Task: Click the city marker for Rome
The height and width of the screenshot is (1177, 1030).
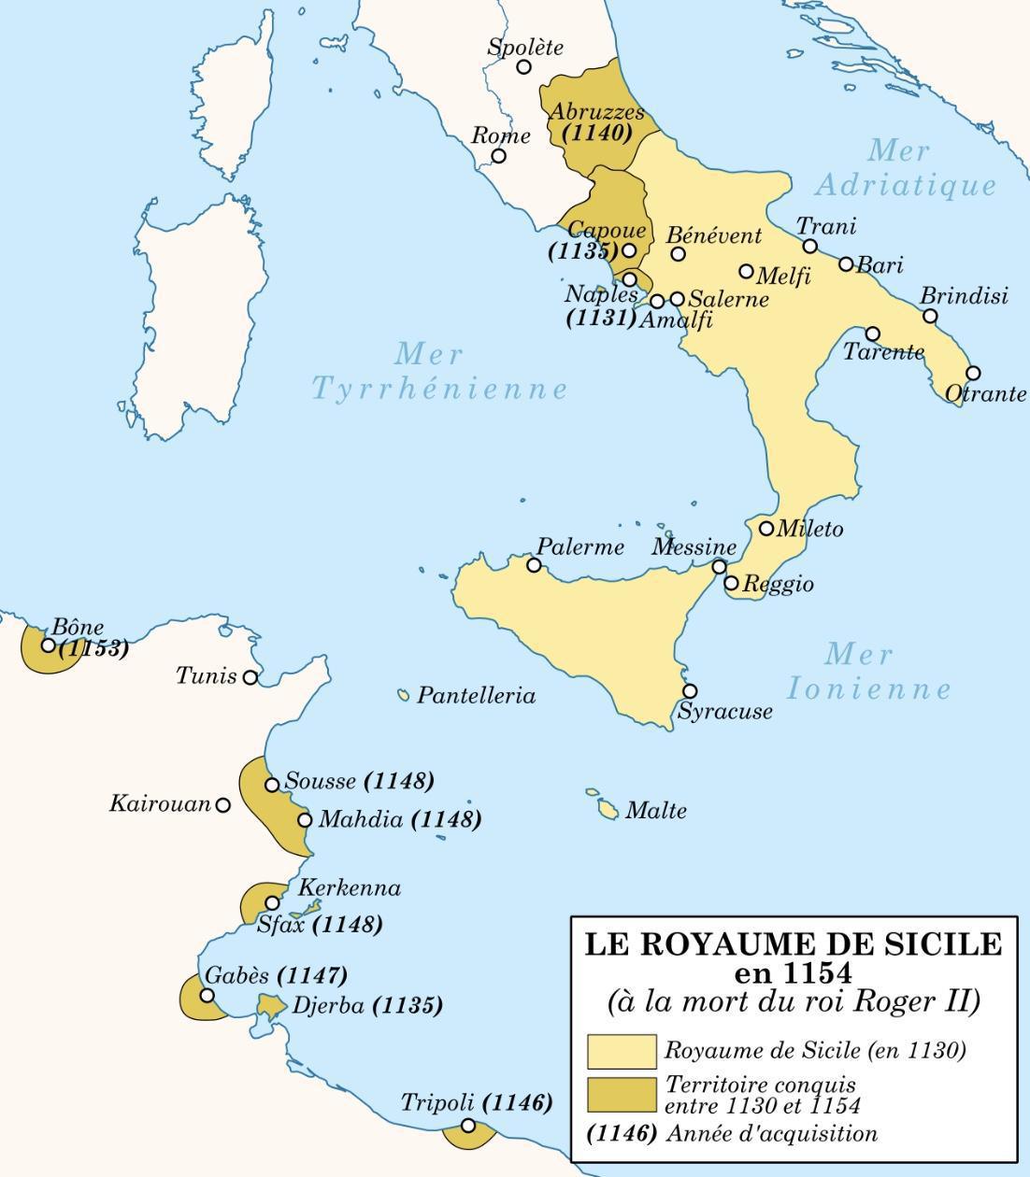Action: tap(499, 156)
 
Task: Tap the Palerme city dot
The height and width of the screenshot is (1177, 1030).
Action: tap(534, 565)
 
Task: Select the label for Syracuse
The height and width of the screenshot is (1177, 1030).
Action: tap(725, 712)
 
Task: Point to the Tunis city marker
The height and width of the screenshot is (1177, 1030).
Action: tap(250, 677)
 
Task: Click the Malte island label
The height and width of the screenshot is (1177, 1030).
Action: tap(655, 811)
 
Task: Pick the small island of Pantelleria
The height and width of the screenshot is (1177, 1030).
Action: tap(404, 695)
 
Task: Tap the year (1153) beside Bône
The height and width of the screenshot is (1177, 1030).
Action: tap(93, 648)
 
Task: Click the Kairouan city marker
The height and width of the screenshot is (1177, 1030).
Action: tap(222, 804)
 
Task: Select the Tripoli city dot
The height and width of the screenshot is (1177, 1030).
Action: tap(467, 1126)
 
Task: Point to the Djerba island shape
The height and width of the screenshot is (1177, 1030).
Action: tap(271, 1007)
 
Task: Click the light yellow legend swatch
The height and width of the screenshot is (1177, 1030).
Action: tap(622, 1051)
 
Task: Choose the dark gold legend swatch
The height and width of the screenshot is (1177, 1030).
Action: tap(622, 1095)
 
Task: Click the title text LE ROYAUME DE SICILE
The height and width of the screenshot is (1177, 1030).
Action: tap(793, 944)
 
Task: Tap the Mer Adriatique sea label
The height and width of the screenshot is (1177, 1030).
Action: tap(903, 168)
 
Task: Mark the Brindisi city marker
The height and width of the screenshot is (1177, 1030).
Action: tap(930, 316)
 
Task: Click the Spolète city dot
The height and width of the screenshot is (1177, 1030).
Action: tap(524, 67)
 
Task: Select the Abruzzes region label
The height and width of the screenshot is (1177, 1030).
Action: tap(596, 112)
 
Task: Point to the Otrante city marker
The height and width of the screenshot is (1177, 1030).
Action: tap(973, 373)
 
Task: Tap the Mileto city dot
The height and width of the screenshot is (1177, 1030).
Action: tap(766, 529)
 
